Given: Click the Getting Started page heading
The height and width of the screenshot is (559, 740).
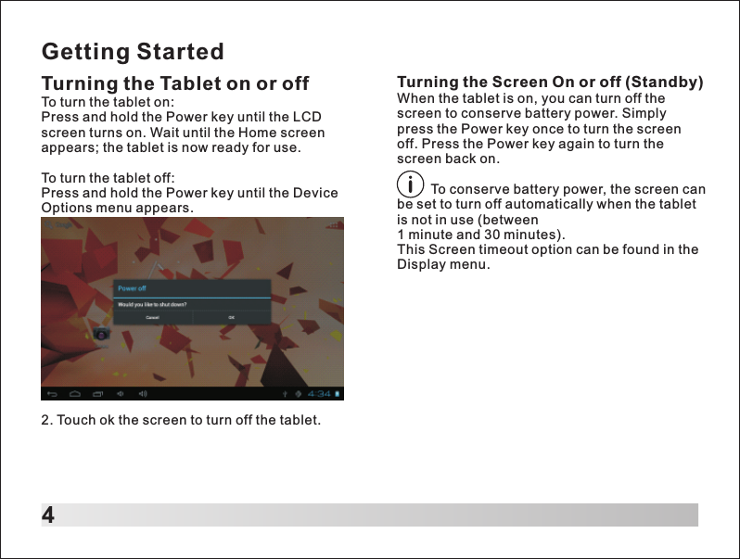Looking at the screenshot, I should tap(133, 50).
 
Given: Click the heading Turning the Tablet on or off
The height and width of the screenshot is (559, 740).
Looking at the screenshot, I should tap(175, 83).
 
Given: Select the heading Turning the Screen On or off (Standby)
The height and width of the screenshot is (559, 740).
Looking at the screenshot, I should tap(550, 82).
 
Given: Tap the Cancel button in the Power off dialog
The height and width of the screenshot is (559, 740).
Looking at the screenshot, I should tap(152, 317).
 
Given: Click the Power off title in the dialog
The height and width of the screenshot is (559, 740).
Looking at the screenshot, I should tap(132, 288).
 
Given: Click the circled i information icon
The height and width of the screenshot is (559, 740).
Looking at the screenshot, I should tap(410, 188).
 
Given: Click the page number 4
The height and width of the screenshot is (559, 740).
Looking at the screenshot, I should tap(48, 515).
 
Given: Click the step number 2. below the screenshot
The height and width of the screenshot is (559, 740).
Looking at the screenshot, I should tap(47, 420).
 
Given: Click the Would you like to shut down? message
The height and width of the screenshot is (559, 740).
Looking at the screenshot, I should tap(151, 303).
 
